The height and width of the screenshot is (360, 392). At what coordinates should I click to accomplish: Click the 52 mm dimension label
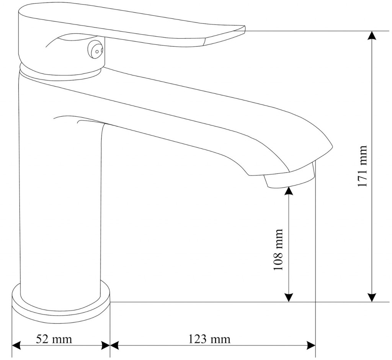[54, 339]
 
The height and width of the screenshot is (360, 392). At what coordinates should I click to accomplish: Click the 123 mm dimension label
[209, 339]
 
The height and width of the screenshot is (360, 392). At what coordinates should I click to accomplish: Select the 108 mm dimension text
[278, 249]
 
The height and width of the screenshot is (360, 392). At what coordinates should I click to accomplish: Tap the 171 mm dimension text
[363, 166]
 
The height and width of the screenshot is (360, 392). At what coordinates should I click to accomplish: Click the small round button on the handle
[95, 50]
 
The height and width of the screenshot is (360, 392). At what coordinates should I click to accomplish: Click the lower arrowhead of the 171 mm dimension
[372, 297]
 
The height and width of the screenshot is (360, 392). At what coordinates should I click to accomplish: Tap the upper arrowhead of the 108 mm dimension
[289, 191]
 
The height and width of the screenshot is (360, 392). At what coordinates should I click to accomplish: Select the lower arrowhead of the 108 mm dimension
[289, 297]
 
